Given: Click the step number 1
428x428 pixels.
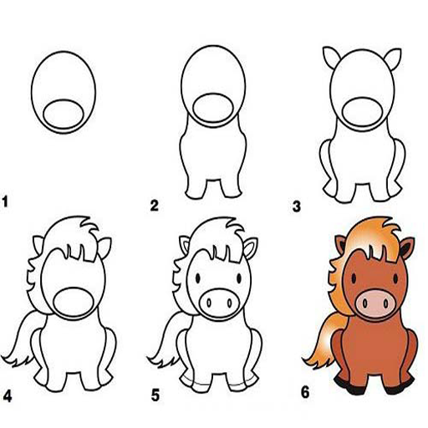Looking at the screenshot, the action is (5, 201).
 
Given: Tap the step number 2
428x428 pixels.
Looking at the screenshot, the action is (154, 206).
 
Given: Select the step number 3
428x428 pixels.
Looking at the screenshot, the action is (297, 206).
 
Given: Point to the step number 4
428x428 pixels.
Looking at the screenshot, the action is (8, 396).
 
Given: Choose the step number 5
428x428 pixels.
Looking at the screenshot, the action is (155, 395).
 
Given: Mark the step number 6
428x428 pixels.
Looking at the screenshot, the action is (305, 392).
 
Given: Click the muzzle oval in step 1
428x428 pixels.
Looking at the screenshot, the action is (64, 115).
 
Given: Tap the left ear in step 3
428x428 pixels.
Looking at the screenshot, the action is (332, 57).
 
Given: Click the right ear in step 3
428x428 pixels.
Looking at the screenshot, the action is (393, 59).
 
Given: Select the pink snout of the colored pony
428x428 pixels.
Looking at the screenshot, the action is (375, 303).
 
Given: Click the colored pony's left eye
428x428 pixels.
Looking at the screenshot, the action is (354, 278).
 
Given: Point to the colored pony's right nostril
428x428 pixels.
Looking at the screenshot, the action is (386, 303).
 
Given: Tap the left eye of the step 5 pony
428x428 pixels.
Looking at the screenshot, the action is (198, 278).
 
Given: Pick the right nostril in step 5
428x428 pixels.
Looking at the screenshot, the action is (230, 303).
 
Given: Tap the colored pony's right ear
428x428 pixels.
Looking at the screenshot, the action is (406, 248).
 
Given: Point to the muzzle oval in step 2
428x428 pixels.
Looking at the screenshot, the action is (213, 109).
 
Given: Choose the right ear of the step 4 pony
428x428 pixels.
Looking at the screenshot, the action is (104, 247).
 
